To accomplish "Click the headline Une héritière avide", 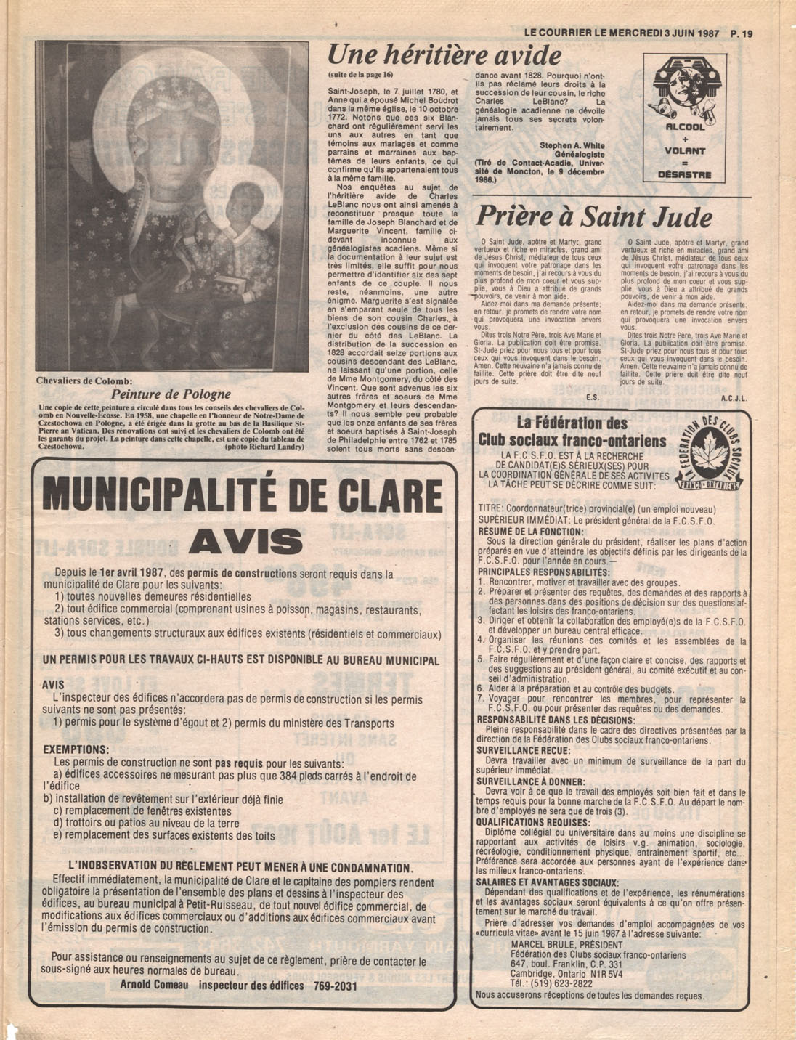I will tap(444, 55).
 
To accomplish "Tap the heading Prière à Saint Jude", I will tap(593, 216).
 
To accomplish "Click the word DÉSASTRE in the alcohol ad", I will tap(684, 174).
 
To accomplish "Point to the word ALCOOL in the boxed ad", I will tap(685, 127).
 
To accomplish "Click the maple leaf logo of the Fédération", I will tap(702, 455).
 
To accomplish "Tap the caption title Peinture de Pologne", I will tap(171, 394).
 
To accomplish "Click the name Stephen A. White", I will tap(572, 145).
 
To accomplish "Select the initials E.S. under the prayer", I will tap(591, 398).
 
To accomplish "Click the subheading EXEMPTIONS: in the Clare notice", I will tap(76, 749).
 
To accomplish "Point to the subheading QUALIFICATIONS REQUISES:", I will tap(533, 822).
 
